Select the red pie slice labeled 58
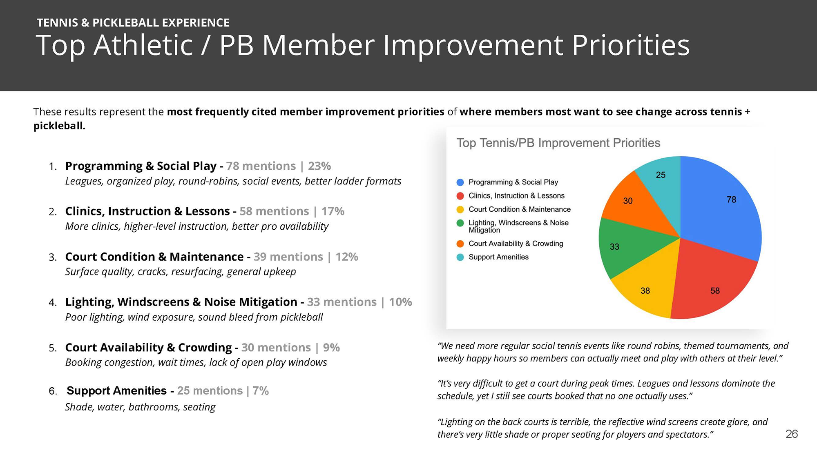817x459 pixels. [x=711, y=282]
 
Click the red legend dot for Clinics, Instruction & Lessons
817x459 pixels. [x=460, y=196]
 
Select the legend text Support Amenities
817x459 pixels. [x=498, y=257]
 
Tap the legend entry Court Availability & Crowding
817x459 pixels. [x=516, y=244]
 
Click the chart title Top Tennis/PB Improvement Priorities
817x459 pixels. [x=558, y=143]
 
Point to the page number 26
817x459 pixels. [x=791, y=434]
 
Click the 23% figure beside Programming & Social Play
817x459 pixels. [x=319, y=166]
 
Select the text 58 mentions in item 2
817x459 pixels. [x=274, y=211]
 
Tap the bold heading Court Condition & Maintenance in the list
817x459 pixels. [x=154, y=257]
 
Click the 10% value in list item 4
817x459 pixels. [x=400, y=302]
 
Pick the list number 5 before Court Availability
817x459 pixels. [x=52, y=348]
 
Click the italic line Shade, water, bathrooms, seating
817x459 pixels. [x=140, y=407]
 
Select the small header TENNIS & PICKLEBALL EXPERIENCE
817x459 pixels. [x=133, y=23]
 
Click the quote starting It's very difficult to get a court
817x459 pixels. [x=606, y=390]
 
